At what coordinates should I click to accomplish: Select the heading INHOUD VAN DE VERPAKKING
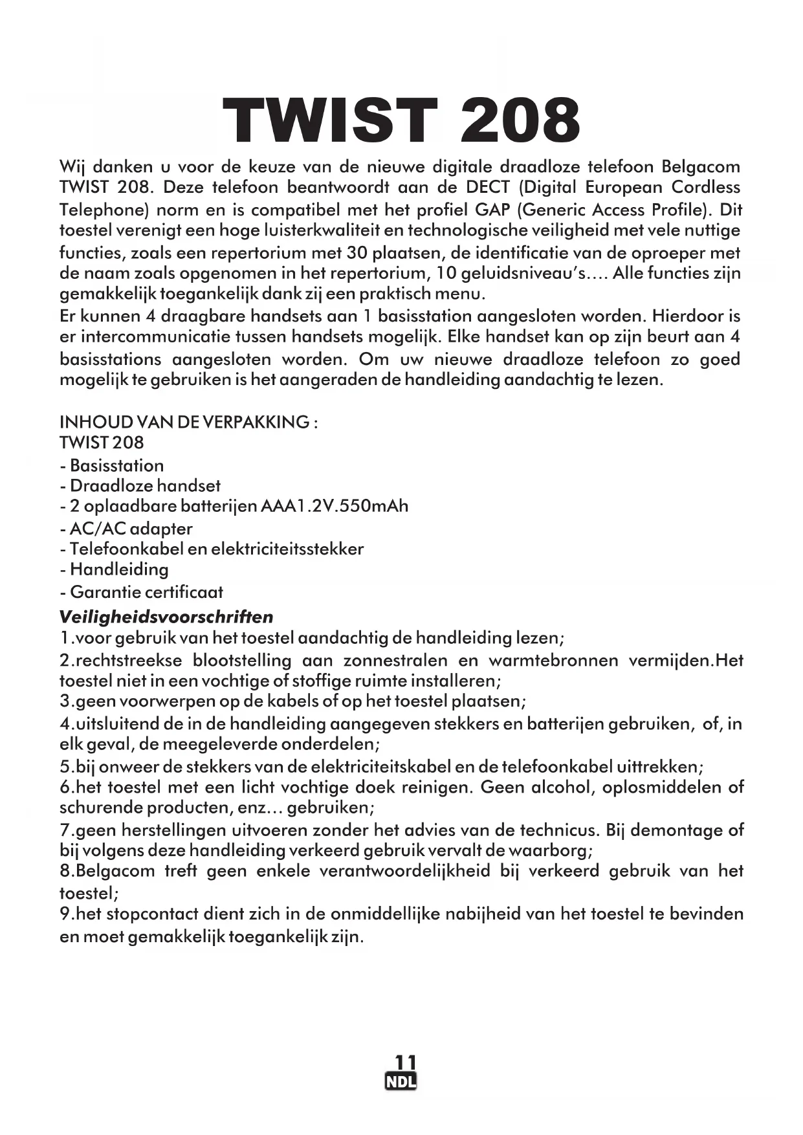click(188, 423)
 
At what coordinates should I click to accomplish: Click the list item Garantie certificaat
click(146, 591)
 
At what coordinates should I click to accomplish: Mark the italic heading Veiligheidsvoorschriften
click(166, 617)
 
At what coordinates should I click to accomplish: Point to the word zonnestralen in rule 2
click(395, 661)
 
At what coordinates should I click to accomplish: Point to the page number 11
click(401, 1063)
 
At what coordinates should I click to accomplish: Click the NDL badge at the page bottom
click(401, 1082)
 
